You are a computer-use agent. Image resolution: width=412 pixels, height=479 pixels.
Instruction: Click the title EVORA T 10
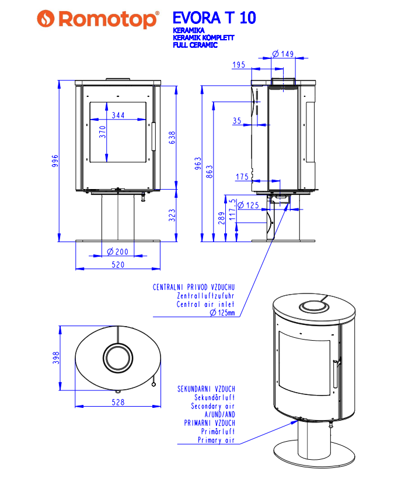pyautogui.click(x=214, y=18)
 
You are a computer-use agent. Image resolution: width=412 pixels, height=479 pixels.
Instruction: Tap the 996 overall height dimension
pyautogui.click(x=55, y=160)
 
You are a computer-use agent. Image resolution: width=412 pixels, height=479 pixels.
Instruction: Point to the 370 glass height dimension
pyautogui.click(x=103, y=132)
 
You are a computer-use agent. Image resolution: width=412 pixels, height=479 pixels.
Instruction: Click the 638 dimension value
pyautogui.click(x=172, y=138)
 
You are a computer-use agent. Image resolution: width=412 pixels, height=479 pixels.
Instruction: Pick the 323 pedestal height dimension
pyautogui.click(x=172, y=215)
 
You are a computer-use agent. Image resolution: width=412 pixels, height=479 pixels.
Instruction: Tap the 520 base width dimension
pyautogui.click(x=118, y=264)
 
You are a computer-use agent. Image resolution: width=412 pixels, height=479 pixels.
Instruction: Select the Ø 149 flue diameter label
pyautogui.click(x=282, y=54)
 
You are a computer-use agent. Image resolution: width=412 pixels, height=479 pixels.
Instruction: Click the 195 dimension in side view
pyautogui.click(x=238, y=65)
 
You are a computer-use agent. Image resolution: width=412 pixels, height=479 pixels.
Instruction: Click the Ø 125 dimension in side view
pyautogui.click(x=249, y=205)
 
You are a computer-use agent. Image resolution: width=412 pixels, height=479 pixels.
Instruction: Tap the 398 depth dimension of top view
pyautogui.click(x=56, y=358)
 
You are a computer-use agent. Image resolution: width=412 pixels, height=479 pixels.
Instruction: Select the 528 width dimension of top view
pyautogui.click(x=118, y=402)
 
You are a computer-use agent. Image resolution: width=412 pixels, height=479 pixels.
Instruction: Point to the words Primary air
pyautogui.click(x=217, y=440)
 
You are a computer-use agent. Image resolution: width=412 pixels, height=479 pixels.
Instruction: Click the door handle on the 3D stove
pyautogui.click(x=335, y=373)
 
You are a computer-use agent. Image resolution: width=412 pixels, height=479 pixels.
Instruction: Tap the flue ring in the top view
pyautogui.click(x=118, y=356)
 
